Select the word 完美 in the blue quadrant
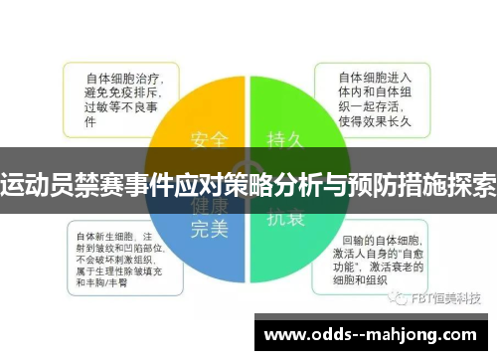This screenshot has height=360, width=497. tap(209, 228)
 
